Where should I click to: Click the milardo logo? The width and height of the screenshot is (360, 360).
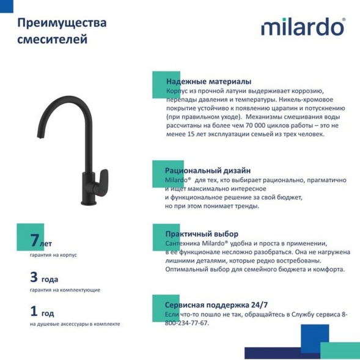[x=303, y=27]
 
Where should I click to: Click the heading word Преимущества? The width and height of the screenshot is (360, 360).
[x=62, y=23]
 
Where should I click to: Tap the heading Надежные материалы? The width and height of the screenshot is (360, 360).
[x=208, y=82]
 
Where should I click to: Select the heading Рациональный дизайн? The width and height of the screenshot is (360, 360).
[x=208, y=171]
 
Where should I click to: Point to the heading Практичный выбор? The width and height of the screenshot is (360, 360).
[x=202, y=234]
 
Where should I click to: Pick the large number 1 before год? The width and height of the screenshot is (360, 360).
[x=34, y=311]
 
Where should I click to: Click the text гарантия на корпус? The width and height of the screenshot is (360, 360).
[x=53, y=255]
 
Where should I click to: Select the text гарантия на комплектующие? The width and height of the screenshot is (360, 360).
[x=65, y=290]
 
